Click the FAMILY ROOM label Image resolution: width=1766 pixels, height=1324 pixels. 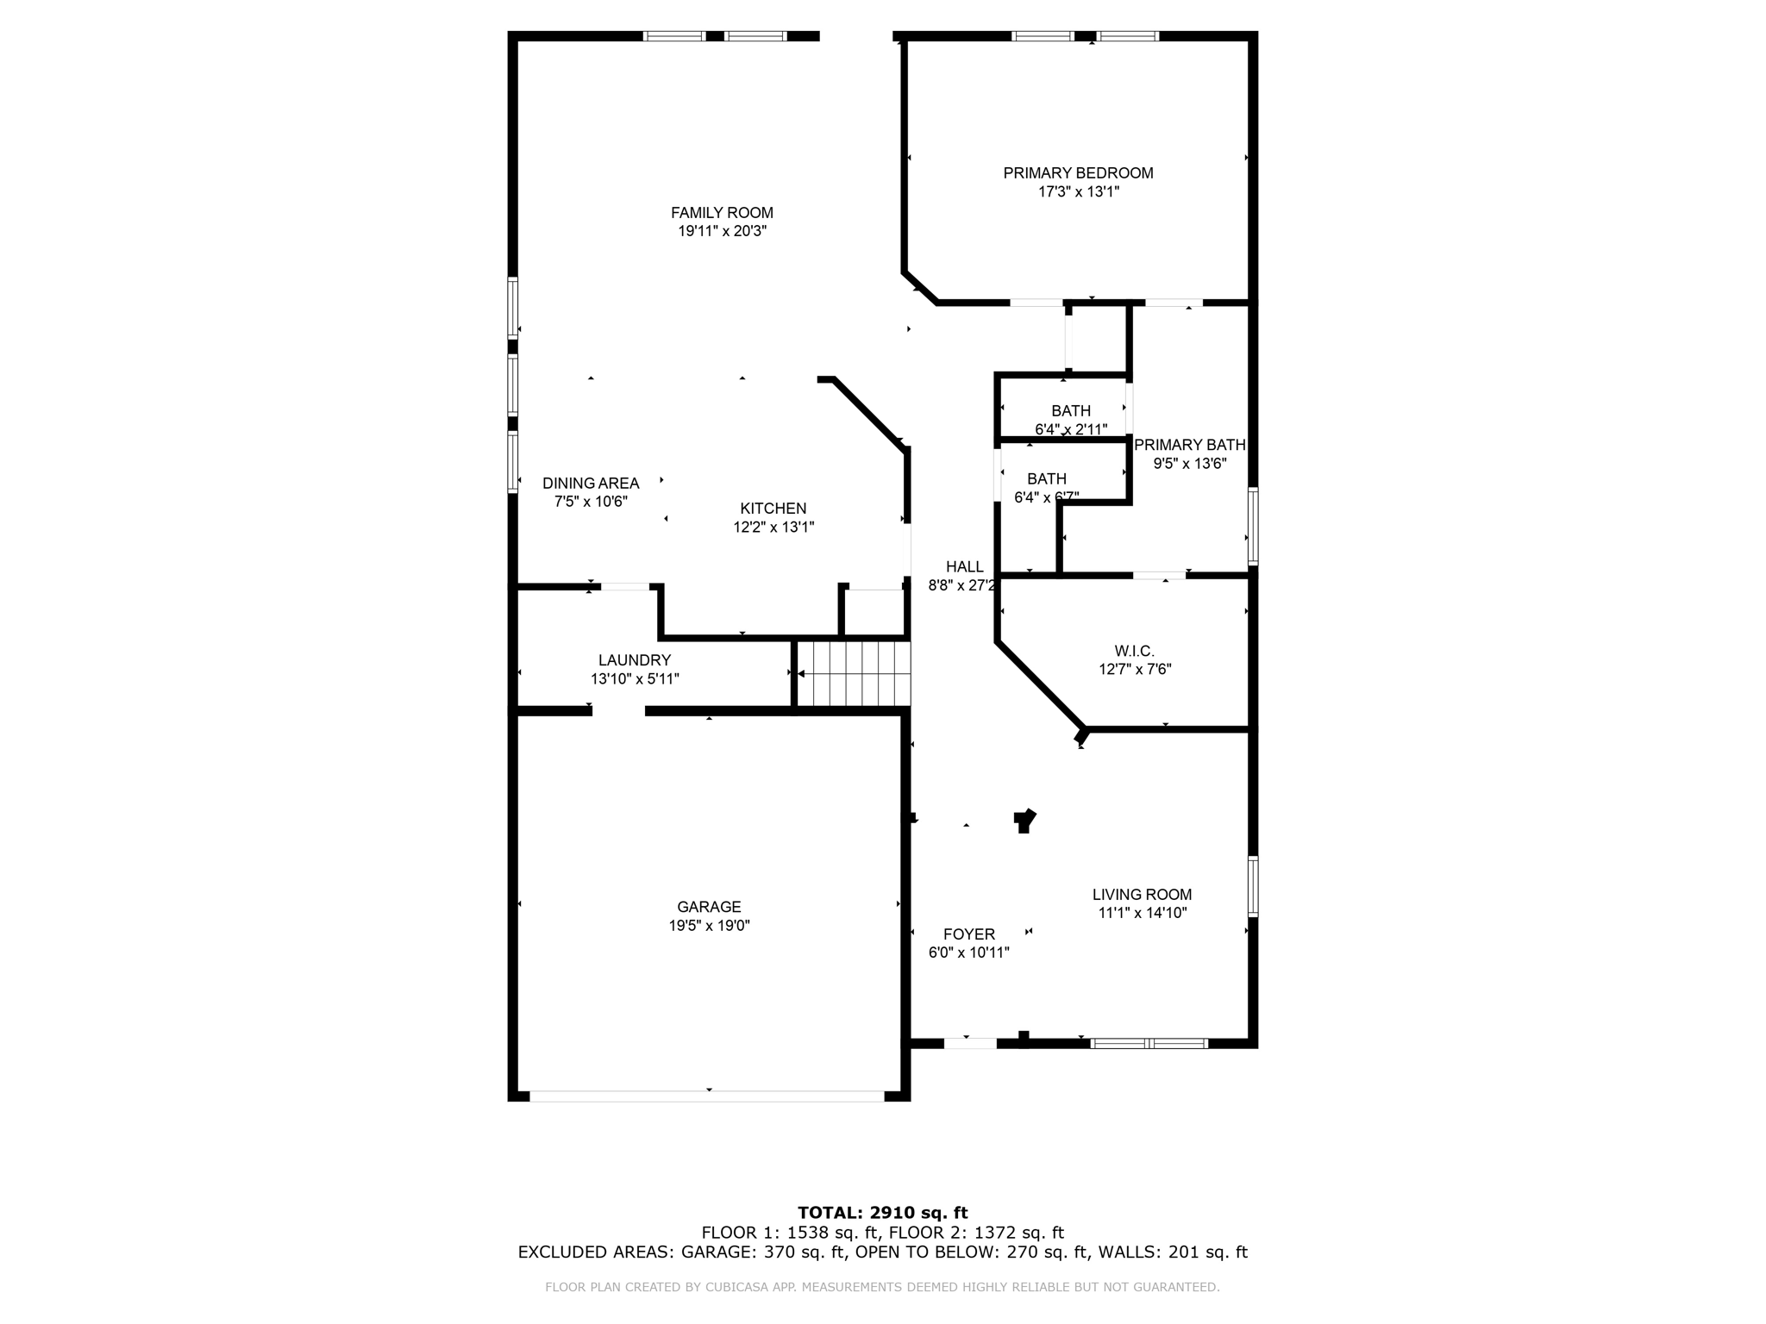722,213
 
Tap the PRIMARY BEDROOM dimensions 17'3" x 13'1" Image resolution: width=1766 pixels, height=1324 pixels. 1078,192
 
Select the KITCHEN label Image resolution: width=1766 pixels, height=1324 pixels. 773,509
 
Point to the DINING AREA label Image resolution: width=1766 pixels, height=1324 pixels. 591,484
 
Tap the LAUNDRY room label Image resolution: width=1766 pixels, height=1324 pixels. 635,660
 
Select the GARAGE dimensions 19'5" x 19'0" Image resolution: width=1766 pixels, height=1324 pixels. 709,926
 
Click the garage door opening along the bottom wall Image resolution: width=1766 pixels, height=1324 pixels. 707,1096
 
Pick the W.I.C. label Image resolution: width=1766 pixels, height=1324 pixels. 1134,651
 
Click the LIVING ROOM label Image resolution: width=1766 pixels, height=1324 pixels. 1142,895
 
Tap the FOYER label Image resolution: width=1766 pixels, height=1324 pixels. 968,934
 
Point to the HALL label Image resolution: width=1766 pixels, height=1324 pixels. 964,566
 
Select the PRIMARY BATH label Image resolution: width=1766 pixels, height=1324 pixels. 1189,445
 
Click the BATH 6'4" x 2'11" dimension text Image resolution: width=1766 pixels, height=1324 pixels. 1071,429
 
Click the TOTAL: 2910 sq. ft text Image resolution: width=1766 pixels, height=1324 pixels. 882,1213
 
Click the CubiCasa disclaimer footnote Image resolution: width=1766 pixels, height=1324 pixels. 882,1287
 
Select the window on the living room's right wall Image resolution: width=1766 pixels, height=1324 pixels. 1253,885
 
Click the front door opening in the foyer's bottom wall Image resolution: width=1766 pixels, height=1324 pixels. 970,1043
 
